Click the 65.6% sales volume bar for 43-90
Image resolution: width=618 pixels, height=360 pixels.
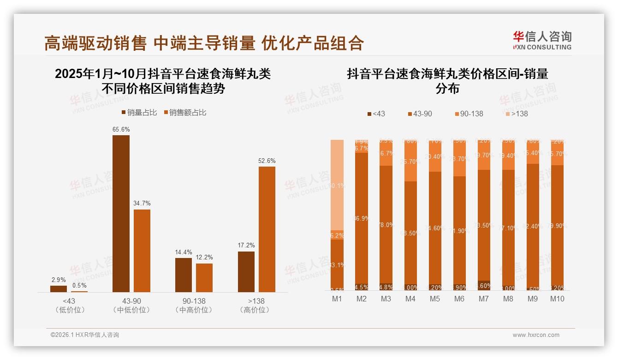121,213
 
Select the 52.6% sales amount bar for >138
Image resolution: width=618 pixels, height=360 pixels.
267,229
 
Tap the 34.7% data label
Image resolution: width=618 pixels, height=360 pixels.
142,204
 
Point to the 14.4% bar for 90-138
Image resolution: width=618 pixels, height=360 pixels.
184,275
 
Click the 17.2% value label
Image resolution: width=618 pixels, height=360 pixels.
246,246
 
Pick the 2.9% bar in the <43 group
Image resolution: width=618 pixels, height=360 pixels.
59,288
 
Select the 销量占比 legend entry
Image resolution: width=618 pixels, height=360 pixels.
139,113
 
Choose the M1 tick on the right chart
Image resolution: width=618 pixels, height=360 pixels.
337,299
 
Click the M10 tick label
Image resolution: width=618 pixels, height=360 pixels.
557,299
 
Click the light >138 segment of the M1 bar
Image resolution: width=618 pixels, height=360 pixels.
337,185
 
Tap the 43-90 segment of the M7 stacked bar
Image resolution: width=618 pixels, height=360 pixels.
484,225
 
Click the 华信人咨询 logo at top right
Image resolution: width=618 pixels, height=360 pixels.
542,40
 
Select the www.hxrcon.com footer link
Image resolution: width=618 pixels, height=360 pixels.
536,335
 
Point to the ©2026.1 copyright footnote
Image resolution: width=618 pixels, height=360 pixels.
84,335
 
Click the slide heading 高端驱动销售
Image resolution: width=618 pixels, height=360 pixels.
95,43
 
